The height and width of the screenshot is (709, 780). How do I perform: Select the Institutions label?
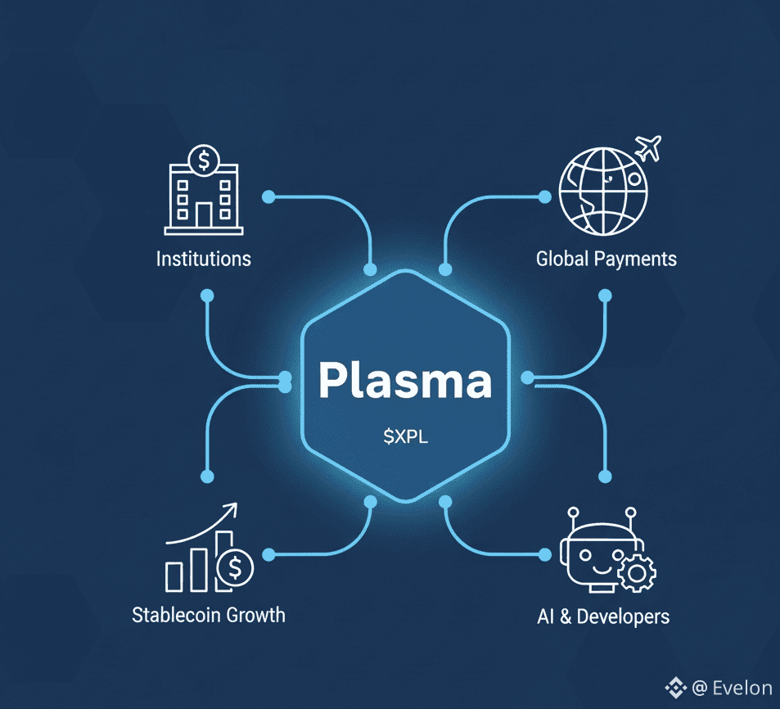(x=203, y=260)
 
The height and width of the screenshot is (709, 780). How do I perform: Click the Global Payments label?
(x=606, y=260)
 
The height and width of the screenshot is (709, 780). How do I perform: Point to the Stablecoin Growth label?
(x=209, y=614)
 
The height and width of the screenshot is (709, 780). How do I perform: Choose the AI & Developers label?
(x=602, y=616)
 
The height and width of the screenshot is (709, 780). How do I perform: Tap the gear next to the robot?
(x=635, y=574)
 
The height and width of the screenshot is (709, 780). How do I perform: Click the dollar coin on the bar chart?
(x=237, y=566)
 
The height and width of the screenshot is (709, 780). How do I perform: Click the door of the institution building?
(x=202, y=215)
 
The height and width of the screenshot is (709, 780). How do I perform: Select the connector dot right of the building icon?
(x=267, y=196)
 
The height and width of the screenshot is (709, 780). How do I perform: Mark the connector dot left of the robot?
(x=543, y=555)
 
